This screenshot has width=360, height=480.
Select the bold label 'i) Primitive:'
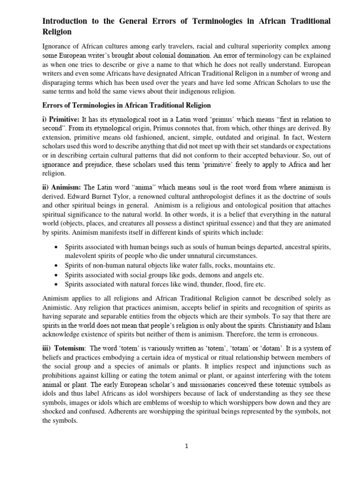(61, 120)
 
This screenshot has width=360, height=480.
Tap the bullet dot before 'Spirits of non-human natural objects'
(57, 265)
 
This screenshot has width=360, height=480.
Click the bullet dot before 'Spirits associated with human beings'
(57, 246)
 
